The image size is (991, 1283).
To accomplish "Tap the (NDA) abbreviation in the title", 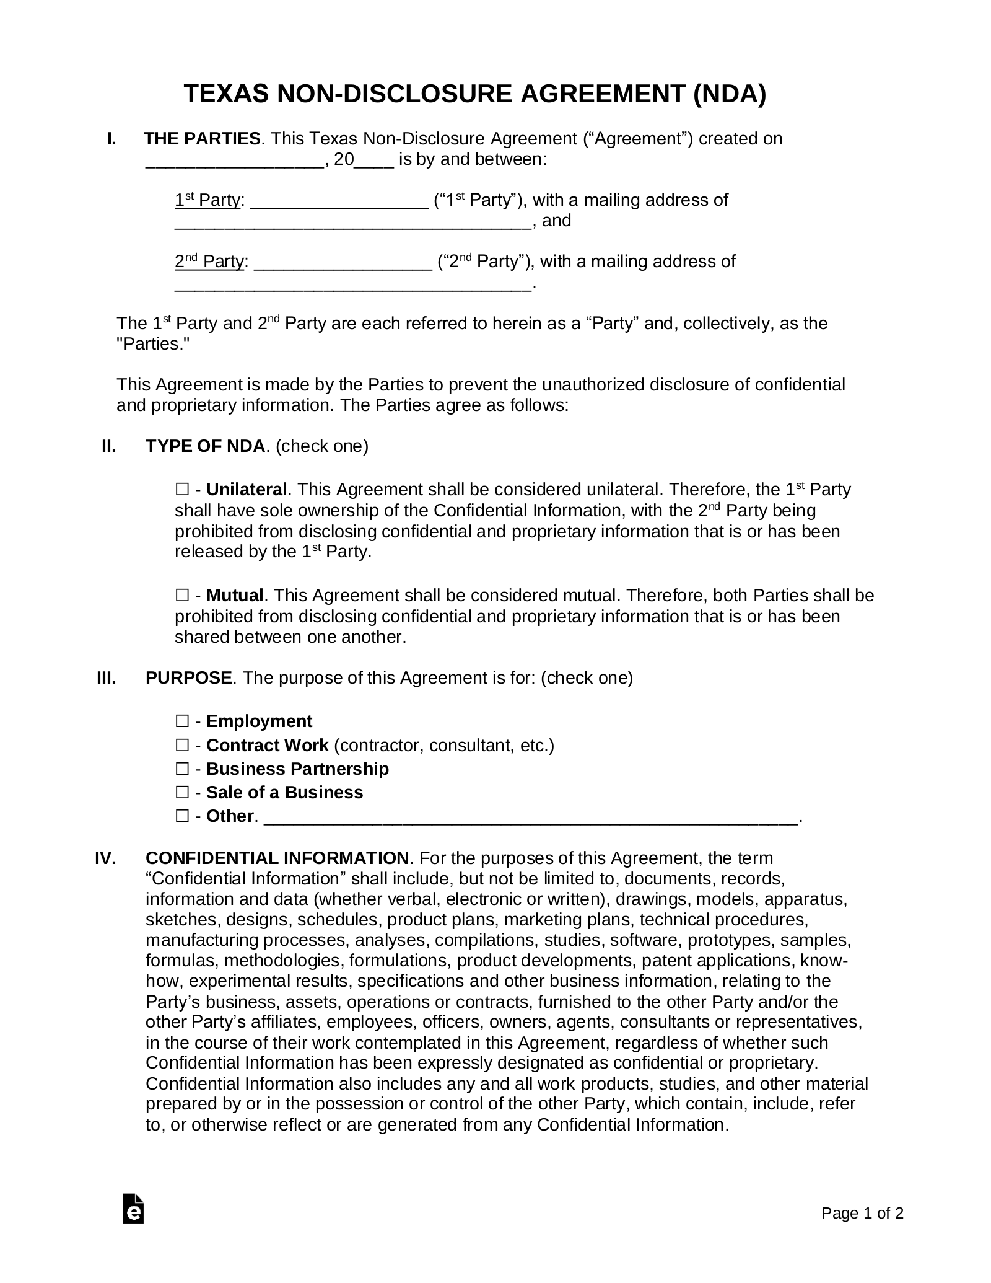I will (729, 94).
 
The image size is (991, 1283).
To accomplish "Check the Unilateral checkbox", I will (181, 490).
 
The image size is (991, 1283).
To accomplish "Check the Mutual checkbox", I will (181, 596).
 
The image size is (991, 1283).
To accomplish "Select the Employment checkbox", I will (181, 721).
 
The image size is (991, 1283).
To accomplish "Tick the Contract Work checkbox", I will (181, 744).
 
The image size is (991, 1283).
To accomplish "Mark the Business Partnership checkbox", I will (181, 769).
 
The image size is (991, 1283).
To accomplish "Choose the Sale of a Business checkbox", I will (181, 792).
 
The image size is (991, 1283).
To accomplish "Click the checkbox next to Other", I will (181, 816).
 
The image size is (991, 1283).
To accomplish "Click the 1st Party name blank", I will (339, 202).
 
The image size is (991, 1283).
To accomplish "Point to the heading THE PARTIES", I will (202, 139).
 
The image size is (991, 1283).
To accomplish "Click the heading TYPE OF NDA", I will (205, 446).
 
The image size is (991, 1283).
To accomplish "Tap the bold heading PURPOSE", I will (188, 677).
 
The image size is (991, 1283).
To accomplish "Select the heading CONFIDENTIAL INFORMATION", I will (277, 858).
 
